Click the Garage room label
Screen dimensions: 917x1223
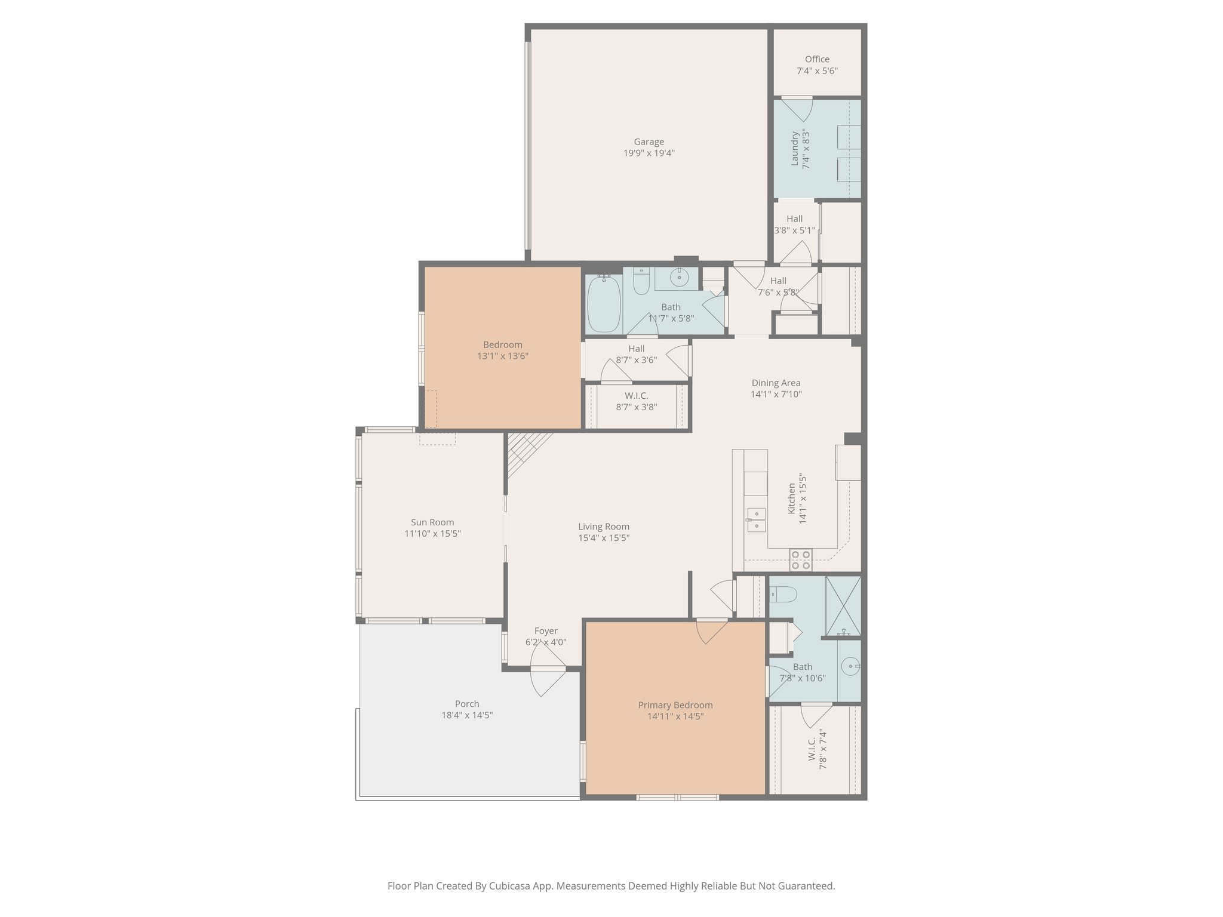tap(649, 141)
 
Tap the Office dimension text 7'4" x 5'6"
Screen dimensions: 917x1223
tap(817, 70)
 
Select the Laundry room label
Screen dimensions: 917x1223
tap(795, 149)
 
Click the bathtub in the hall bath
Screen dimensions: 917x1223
tap(603, 304)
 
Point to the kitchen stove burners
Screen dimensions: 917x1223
tap(801, 559)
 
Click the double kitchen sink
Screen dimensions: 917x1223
tap(756, 519)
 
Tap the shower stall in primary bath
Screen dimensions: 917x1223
tap(843, 605)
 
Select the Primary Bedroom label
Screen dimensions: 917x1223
tap(675, 705)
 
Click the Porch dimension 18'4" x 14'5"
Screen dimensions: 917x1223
tap(466, 715)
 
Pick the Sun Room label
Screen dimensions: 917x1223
tap(432, 522)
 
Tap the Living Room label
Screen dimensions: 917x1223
tap(603, 527)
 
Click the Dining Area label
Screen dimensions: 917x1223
tap(776, 383)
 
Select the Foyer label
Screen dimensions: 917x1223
tap(545, 631)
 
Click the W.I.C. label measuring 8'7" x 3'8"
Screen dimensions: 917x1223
tap(636, 396)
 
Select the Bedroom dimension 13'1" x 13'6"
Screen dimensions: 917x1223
tap(502, 356)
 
